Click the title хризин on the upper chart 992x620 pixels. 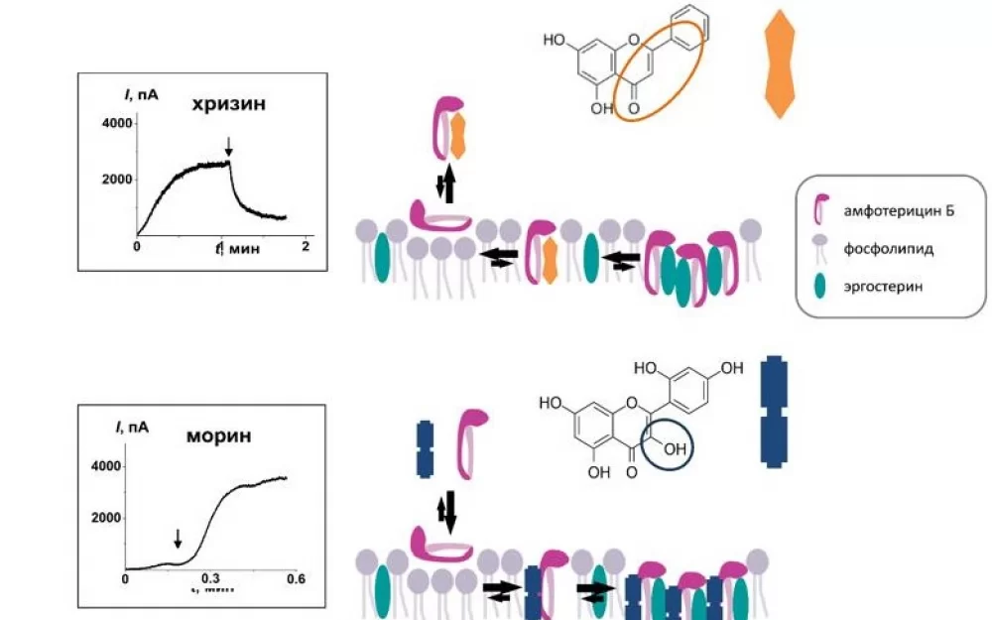228,105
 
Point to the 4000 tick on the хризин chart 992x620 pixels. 117,123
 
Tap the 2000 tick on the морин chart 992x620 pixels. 105,517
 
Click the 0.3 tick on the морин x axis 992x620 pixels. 211,577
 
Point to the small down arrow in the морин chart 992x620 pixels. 178,538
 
